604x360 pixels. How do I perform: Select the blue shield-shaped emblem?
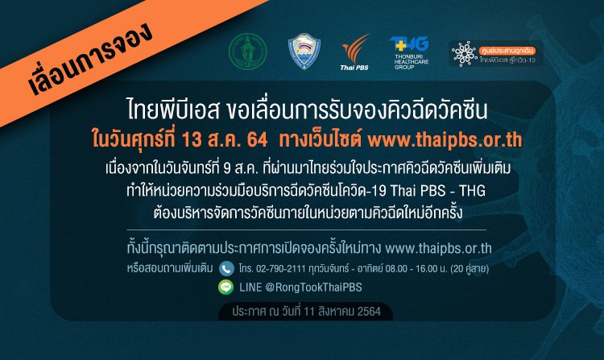[x=304, y=51]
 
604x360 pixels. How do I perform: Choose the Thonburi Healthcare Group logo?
[x=409, y=52]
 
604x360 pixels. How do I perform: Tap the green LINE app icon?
[x=226, y=286]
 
